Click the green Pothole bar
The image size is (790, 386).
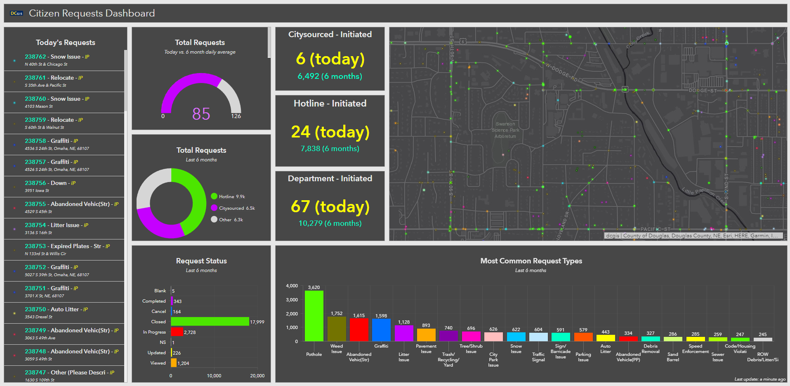(x=314, y=316)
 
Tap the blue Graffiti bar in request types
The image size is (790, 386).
(x=381, y=330)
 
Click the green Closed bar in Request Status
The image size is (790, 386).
(x=210, y=322)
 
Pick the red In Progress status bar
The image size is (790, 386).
(x=177, y=332)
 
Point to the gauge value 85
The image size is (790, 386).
(x=201, y=114)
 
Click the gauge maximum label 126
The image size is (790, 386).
(x=236, y=116)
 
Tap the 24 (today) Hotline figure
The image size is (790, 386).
(x=330, y=132)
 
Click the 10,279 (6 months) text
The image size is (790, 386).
(x=330, y=223)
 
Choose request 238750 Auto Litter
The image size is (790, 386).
(x=52, y=309)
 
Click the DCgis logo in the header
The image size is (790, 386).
(x=17, y=14)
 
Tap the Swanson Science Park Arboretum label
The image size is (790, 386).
(x=505, y=130)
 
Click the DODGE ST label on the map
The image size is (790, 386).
(x=703, y=90)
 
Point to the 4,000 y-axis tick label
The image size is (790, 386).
(x=292, y=286)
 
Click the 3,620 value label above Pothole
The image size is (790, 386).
(x=314, y=287)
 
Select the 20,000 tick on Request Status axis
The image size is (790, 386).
(x=257, y=376)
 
